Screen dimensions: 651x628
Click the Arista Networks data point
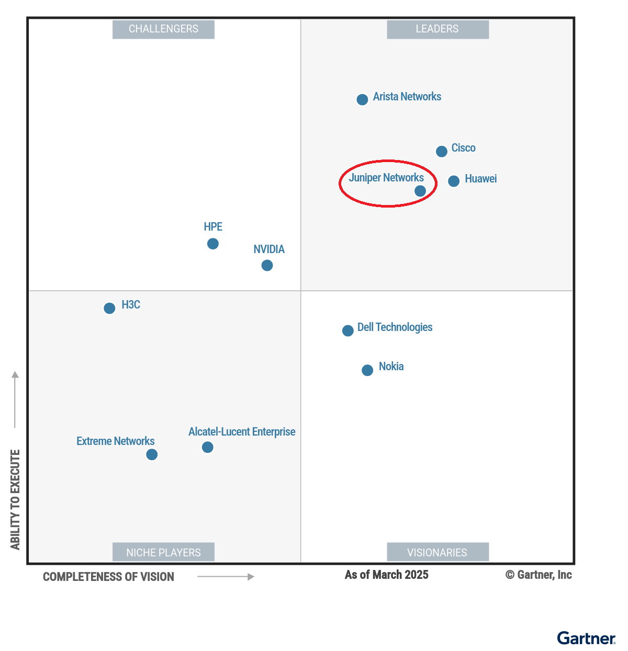coord(362,99)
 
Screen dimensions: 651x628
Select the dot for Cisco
coord(442,151)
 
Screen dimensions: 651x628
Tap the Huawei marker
coord(454,181)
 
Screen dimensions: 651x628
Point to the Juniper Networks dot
coord(420,191)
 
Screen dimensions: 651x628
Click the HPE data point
coord(213,244)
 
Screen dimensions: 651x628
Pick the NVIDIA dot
coord(267,266)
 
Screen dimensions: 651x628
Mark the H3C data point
coord(109,308)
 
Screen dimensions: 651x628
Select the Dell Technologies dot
coord(348,330)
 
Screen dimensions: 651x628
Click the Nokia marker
coord(367,370)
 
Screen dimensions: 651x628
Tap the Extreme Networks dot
coord(152,454)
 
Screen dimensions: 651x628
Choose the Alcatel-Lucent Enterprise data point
coord(208,447)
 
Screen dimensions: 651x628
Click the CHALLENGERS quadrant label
coord(163,29)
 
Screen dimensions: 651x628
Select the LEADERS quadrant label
coord(438,29)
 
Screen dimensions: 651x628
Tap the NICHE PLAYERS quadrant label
coord(163,552)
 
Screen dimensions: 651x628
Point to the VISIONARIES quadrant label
coord(438,552)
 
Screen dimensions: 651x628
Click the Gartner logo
coord(586,638)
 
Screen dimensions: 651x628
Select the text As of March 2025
coord(386,575)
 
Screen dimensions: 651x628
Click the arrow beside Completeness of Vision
coord(226,577)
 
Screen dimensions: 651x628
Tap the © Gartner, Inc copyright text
coord(539,575)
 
